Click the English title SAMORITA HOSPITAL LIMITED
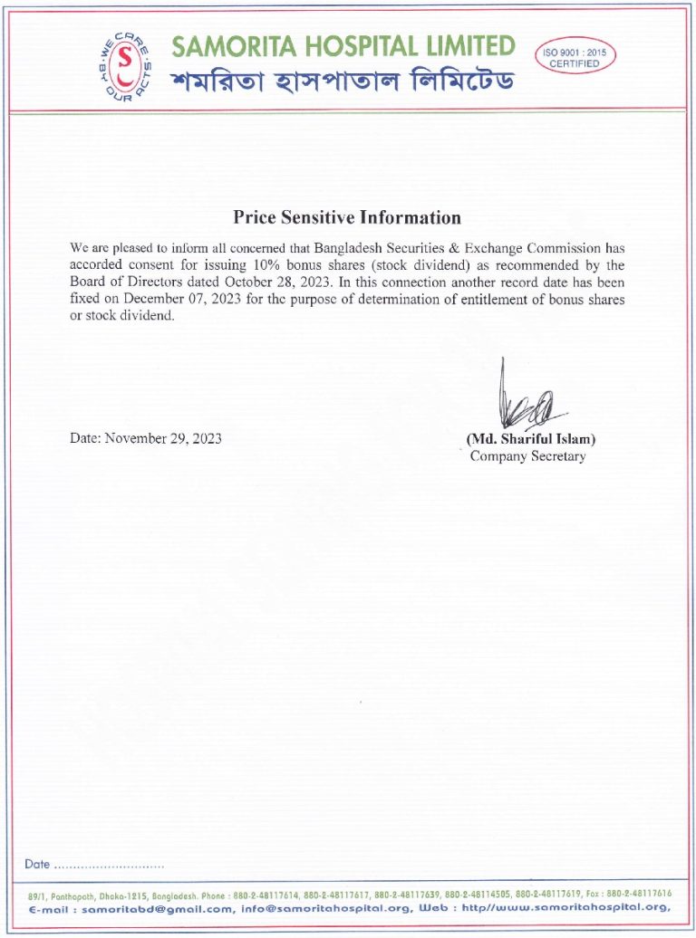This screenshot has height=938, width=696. [343, 45]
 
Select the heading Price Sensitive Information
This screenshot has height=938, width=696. [347, 217]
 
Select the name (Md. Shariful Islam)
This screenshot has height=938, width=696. [531, 439]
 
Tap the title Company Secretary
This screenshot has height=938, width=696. [527, 456]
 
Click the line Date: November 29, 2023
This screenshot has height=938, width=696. [145, 439]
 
